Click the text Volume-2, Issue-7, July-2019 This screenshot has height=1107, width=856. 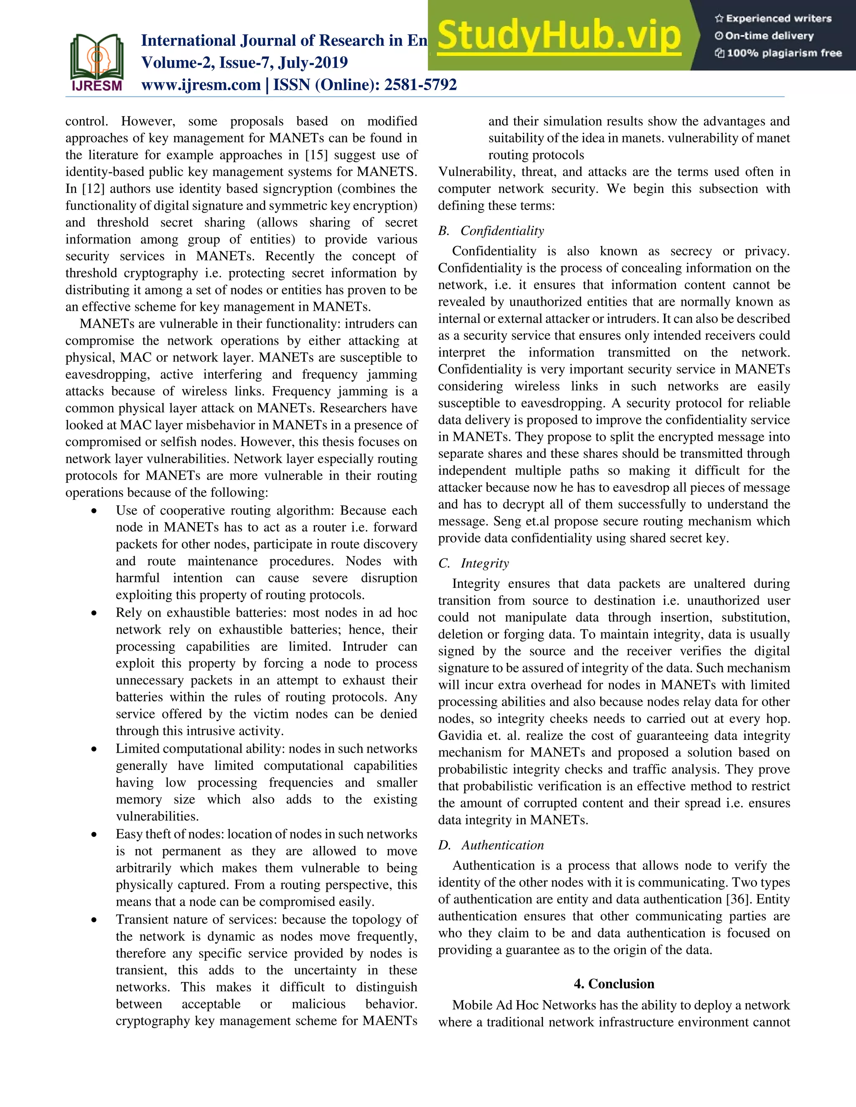pyautogui.click(x=244, y=63)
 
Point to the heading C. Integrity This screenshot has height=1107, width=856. pyautogui.click(x=473, y=564)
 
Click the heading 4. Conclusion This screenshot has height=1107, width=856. pyautogui.click(x=614, y=984)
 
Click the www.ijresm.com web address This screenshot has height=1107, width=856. pyautogui.click(x=201, y=85)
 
